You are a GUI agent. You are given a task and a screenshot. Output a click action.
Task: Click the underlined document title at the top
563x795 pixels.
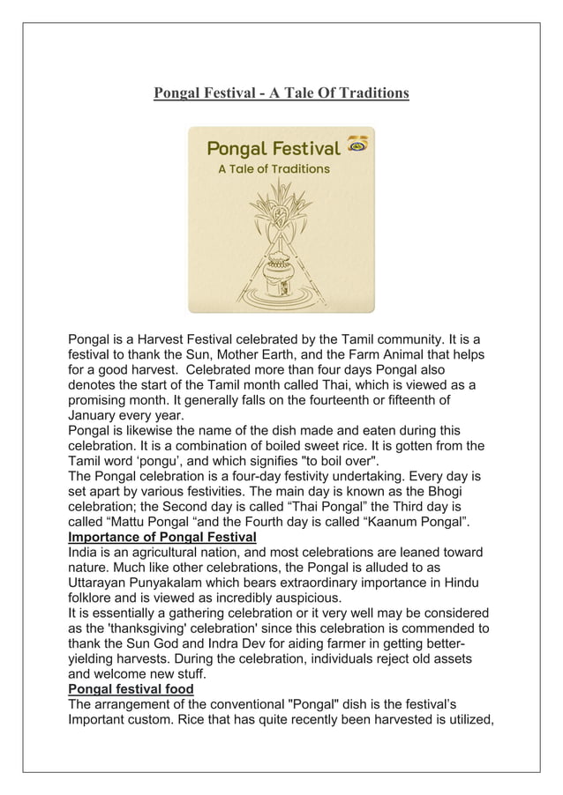281,93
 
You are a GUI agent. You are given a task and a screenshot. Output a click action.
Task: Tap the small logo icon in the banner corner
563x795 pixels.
357,145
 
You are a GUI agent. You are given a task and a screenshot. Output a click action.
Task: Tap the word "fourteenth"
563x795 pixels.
342,400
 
